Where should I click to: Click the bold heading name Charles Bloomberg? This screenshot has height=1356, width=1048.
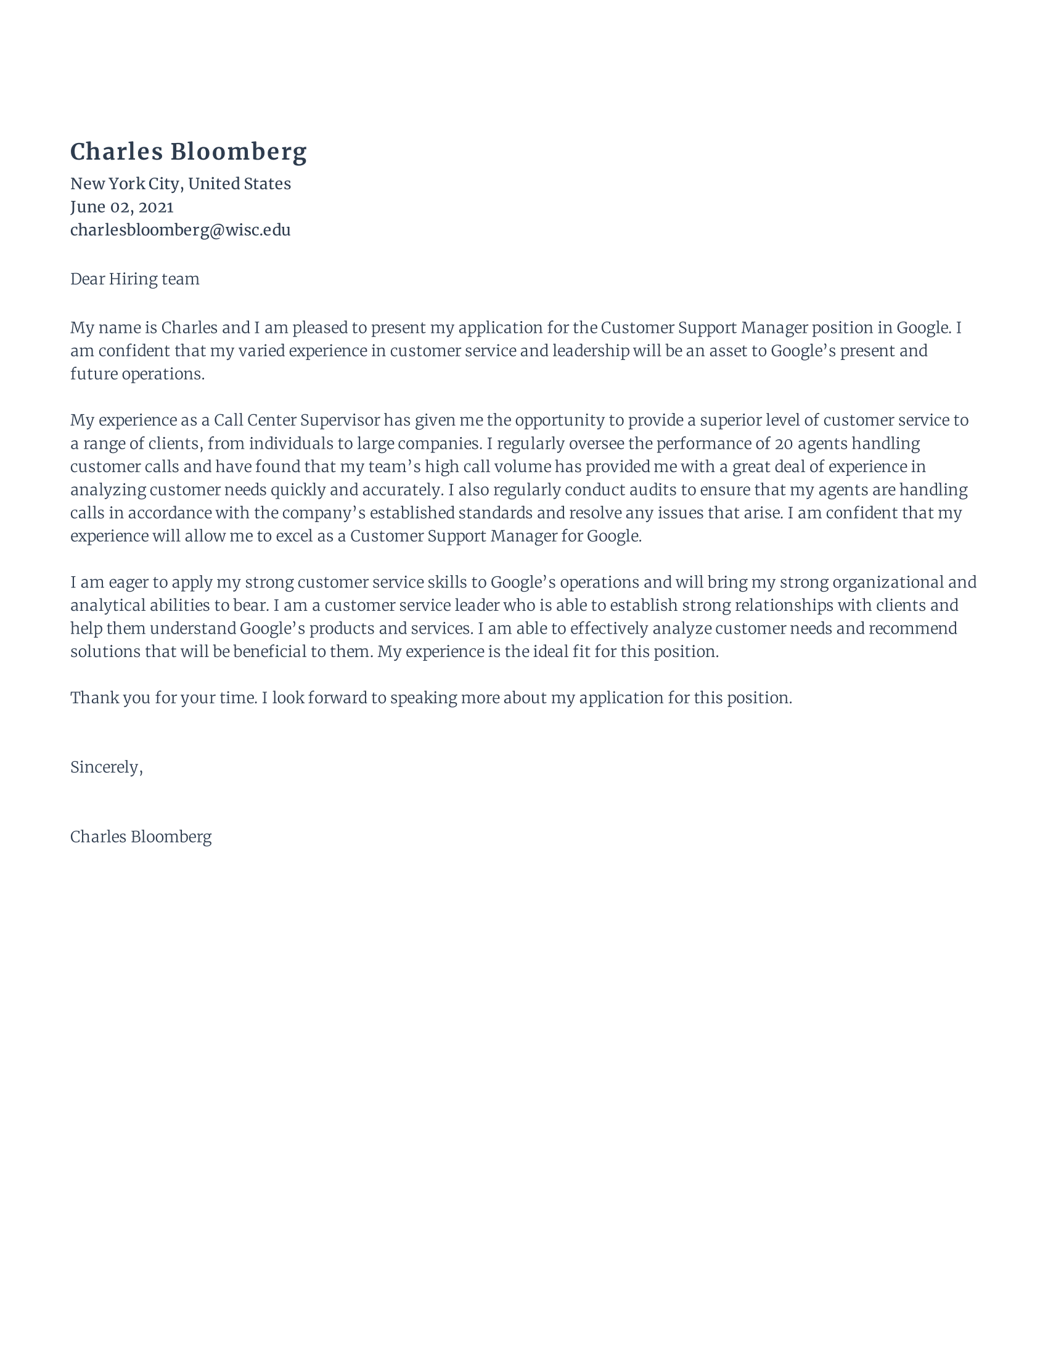point(188,152)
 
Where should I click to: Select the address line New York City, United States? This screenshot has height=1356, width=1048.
point(180,184)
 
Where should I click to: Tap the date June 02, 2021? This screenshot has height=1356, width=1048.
point(121,206)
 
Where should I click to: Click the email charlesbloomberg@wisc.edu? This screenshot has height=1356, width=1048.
point(180,231)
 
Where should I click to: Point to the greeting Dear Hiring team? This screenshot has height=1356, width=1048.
point(135,279)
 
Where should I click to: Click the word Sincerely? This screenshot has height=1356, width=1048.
point(105,767)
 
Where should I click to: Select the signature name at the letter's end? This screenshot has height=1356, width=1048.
point(141,837)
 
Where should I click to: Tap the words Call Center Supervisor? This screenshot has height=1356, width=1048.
point(296,420)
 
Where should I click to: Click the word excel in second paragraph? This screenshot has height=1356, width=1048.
point(294,536)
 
